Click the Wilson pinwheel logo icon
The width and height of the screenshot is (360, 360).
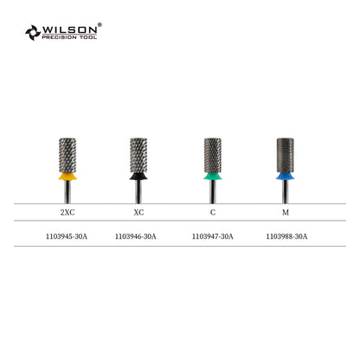(33, 32)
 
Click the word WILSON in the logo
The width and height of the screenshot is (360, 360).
(70, 29)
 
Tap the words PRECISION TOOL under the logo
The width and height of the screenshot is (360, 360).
(69, 37)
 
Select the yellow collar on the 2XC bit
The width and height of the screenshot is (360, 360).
(67, 177)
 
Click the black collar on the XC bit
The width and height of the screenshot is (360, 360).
(138, 177)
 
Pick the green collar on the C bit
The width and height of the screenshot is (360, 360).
(213, 177)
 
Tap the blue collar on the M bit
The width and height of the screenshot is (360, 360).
(285, 177)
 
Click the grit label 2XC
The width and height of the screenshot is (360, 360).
(67, 213)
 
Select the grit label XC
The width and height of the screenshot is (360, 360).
(138, 213)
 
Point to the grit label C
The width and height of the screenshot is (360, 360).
(213, 213)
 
